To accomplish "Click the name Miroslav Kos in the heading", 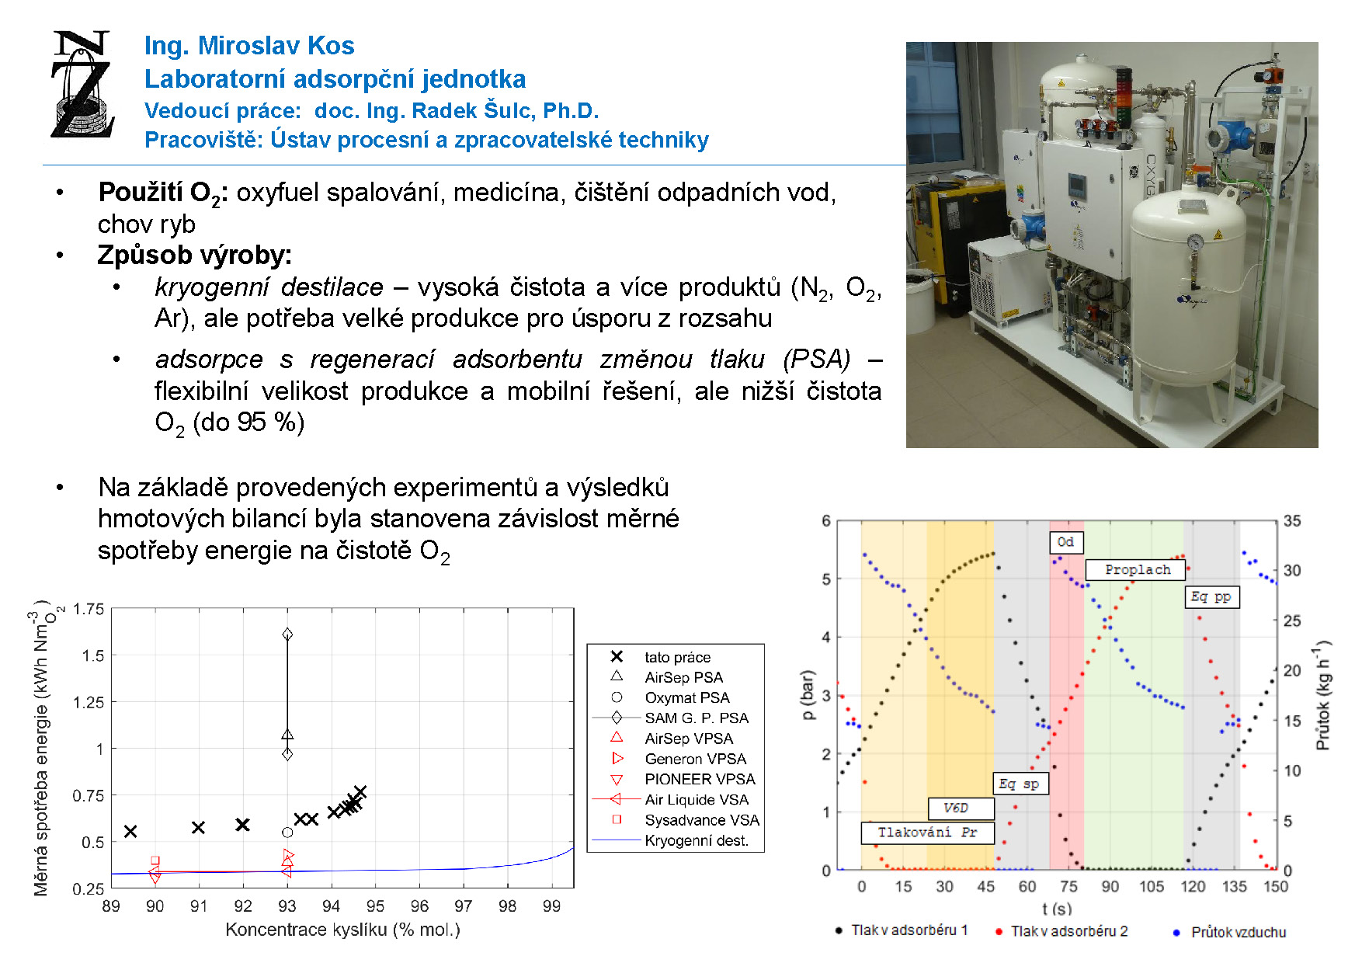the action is [276, 46].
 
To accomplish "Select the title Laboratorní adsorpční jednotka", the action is [335, 79].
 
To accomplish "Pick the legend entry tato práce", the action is [661, 657].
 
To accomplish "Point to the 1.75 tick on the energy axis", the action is [89, 609].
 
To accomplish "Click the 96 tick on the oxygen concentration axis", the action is [419, 906].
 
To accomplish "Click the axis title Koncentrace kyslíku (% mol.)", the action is [342, 930].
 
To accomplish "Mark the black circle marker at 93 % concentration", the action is [287, 833].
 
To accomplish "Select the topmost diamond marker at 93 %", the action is [287, 634].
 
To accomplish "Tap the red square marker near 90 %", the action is [155, 860].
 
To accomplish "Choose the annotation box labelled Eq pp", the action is [1212, 596].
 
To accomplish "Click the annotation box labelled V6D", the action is [961, 808].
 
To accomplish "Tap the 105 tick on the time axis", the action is [1152, 887].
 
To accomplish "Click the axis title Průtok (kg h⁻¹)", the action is [1323, 695].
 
